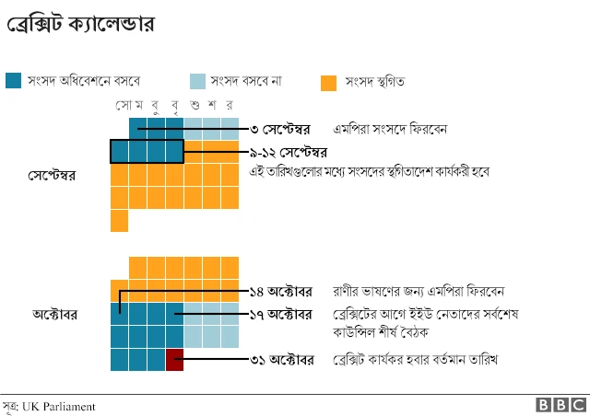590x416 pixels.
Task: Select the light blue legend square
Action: coord(197,81)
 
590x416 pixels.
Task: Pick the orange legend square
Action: coord(328,82)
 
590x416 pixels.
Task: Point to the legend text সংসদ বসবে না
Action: coord(246,81)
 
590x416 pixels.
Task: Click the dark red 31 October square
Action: coord(174,359)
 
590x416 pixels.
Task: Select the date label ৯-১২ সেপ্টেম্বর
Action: coord(289,151)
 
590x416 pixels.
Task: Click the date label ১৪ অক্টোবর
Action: coord(281,291)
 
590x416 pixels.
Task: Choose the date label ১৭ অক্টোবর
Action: coord(281,315)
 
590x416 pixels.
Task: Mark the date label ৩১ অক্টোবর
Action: coord(282,359)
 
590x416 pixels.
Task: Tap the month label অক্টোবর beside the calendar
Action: coord(54,314)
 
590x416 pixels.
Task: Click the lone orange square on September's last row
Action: coord(119,221)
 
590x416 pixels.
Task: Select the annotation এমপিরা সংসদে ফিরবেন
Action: coord(391,128)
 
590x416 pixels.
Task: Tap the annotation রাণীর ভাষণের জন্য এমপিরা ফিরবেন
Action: coord(419,291)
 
